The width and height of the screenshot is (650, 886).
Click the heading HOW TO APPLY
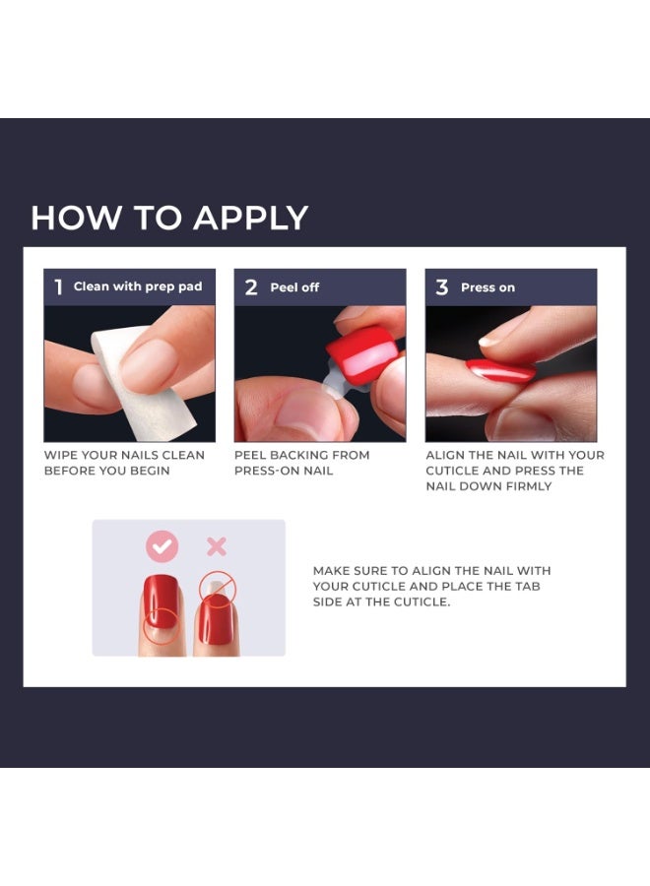click(x=169, y=218)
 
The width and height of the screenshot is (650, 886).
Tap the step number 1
click(x=58, y=287)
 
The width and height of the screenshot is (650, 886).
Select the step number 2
click(x=251, y=287)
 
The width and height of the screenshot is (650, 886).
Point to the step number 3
click(x=441, y=287)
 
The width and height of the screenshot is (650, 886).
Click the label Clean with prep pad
click(x=138, y=286)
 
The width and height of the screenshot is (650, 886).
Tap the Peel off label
click(x=294, y=287)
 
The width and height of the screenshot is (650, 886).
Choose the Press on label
click(x=487, y=287)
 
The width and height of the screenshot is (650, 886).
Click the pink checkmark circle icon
click(x=162, y=545)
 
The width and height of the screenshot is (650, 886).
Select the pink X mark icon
click(x=216, y=545)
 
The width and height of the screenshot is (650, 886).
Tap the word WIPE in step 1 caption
click(x=60, y=455)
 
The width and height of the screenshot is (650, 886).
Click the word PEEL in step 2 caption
click(x=250, y=455)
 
